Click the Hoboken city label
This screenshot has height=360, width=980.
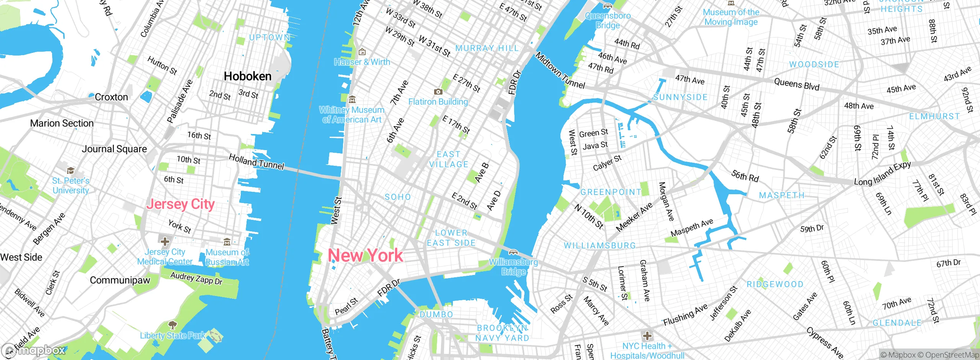[247, 76]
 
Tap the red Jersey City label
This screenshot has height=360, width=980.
[180, 204]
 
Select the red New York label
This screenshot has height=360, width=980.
[366, 255]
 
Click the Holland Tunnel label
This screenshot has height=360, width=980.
[256, 162]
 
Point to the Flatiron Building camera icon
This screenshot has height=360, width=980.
[438, 92]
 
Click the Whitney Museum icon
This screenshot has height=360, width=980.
[352, 100]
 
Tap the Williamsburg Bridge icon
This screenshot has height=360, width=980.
[513, 252]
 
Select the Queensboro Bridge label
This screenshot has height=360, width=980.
[608, 20]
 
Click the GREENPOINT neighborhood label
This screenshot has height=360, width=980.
[611, 192]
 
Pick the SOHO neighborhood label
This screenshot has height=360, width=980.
[397, 197]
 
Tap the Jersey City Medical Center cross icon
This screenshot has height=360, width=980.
[165, 242]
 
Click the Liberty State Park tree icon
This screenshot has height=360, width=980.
[173, 326]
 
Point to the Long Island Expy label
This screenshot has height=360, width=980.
[882, 174]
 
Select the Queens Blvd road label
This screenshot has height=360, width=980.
[796, 84]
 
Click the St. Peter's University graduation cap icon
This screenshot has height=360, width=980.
[70, 170]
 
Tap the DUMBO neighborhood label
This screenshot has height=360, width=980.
[436, 314]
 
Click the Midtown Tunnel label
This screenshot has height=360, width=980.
[560, 71]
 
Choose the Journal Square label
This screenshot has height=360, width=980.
[114, 149]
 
